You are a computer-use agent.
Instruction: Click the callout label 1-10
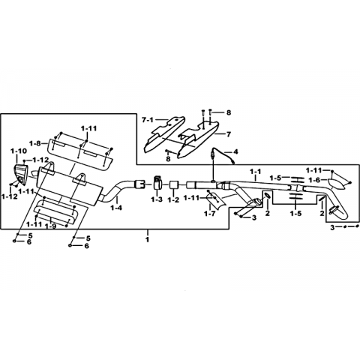click(18, 151)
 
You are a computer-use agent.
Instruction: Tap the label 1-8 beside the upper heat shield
click(34, 143)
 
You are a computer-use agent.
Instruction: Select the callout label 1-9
click(51, 226)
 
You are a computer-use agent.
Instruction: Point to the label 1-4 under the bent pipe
click(116, 208)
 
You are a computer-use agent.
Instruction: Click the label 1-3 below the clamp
click(157, 199)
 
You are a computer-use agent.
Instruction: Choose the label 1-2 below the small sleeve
click(173, 199)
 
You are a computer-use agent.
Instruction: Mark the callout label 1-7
click(209, 214)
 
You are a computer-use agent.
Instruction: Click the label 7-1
click(148, 120)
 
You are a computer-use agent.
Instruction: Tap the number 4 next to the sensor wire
click(235, 151)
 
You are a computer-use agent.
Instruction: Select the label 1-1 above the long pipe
click(255, 172)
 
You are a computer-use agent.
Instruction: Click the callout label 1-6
click(314, 180)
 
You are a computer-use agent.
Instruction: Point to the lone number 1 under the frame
click(148, 239)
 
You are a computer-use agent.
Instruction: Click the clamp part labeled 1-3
click(157, 183)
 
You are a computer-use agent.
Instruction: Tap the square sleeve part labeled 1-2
click(173, 185)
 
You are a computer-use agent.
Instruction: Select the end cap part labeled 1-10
click(20, 174)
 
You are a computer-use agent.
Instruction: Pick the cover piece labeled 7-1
click(164, 133)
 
